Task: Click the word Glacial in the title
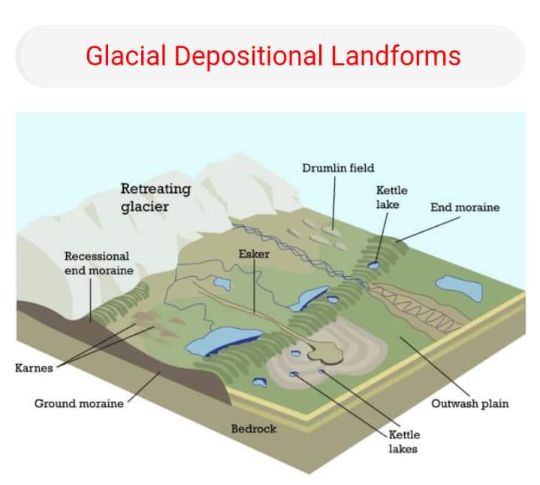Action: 126,56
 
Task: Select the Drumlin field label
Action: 338,168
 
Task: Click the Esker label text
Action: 254,254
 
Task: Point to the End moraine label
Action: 465,207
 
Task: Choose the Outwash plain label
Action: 469,403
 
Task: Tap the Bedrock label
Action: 254,429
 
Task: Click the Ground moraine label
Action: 79,403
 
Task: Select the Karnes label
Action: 34,368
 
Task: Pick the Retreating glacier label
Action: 155,197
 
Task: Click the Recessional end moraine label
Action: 99,264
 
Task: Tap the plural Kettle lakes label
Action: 404,441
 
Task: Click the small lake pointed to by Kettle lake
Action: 373,265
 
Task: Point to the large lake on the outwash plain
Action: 460,288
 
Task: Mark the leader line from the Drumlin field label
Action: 333,203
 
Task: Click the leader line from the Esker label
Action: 254,286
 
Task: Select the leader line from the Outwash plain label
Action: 435,366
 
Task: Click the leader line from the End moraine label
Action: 428,229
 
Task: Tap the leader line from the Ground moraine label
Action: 144,387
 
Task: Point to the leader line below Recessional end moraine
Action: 91,300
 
